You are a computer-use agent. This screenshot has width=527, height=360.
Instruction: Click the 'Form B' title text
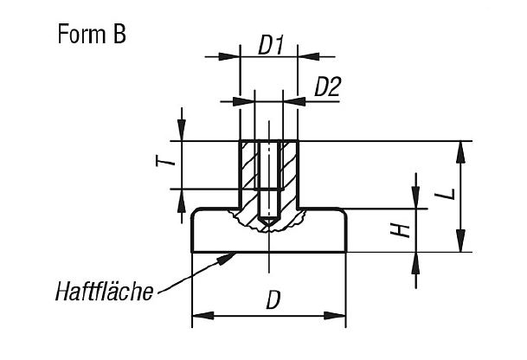pos(91,35)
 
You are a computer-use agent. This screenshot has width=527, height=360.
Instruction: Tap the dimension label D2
pos(325,87)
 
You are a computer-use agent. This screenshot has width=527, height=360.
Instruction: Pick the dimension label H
pos(396,231)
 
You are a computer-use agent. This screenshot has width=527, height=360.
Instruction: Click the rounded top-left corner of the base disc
pos(194,213)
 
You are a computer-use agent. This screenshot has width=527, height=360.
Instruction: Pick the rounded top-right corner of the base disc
pos(344,213)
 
